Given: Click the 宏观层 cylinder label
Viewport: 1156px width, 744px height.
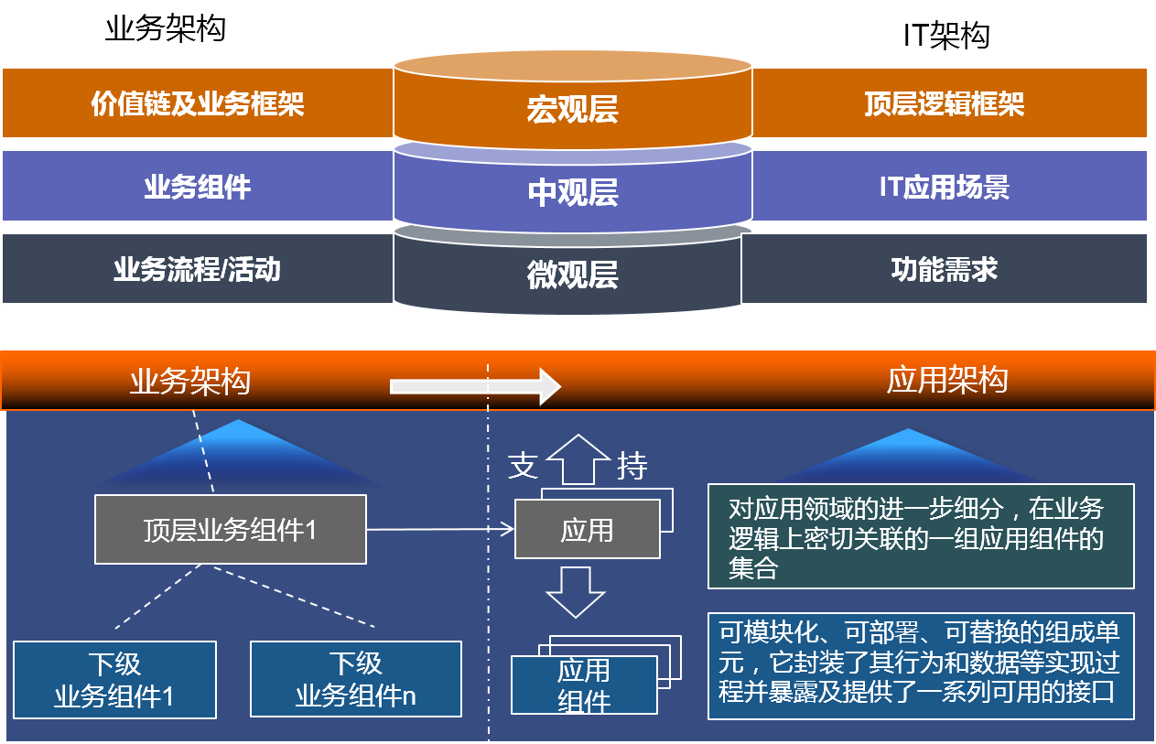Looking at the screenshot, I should pyautogui.click(x=573, y=109).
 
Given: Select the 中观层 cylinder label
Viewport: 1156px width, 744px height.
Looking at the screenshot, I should pyautogui.click(x=573, y=192).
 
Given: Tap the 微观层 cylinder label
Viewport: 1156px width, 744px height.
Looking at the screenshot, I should pyautogui.click(x=573, y=275).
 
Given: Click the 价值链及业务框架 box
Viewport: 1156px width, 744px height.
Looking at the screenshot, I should pyautogui.click(x=198, y=103).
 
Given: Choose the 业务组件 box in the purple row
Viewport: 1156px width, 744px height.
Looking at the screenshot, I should pyautogui.click(x=198, y=187).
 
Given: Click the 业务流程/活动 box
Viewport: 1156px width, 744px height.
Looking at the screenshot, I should pyautogui.click(x=198, y=269).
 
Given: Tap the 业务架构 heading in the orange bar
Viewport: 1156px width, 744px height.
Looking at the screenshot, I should pyautogui.click(x=190, y=381).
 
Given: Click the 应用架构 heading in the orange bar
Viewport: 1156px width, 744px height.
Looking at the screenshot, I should pyautogui.click(x=947, y=380).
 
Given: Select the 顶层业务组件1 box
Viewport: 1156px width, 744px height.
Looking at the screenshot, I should pyautogui.click(x=230, y=530).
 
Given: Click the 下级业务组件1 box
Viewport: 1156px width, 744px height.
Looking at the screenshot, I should pyautogui.click(x=114, y=680).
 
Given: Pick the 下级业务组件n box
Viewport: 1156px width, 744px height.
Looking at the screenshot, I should pyautogui.click(x=355, y=680).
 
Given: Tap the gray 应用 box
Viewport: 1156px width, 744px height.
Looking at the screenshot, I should pyautogui.click(x=587, y=530).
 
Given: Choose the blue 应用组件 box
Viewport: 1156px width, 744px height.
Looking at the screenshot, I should pyautogui.click(x=584, y=685).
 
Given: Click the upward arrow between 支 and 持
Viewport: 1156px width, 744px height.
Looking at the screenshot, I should pyautogui.click(x=578, y=460).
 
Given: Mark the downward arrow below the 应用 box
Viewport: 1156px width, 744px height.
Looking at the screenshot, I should pyautogui.click(x=576, y=591).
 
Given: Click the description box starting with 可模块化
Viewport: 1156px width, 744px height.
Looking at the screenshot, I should pyautogui.click(x=920, y=665).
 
